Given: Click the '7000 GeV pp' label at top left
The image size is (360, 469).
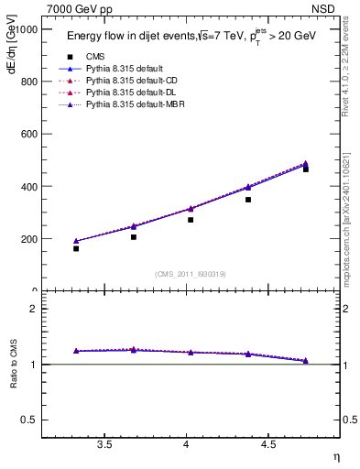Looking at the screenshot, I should pos(80,9).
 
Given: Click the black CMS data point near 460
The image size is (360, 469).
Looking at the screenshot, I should pos(305,169).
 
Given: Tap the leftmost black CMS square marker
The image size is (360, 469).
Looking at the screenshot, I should pos(76,248).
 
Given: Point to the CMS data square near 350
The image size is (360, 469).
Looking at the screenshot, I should pos(248,199).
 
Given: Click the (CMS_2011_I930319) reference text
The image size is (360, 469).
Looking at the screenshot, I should pos(191,273).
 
